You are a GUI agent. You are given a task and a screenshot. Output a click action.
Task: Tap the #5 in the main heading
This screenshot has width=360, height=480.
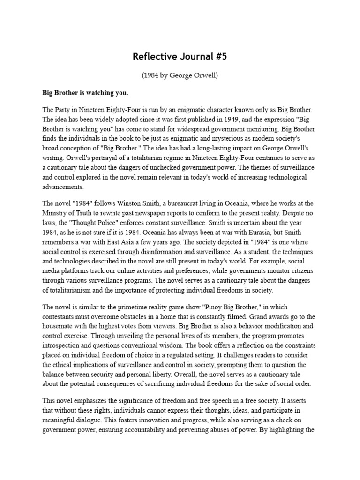click(218, 57)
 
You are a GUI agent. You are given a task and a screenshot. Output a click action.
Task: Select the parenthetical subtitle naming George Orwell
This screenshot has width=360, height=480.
click(180, 75)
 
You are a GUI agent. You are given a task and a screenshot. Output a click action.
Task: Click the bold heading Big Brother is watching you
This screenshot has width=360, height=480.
click(85, 92)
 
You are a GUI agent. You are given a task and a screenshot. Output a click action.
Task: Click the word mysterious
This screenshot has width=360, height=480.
click(228, 138)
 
